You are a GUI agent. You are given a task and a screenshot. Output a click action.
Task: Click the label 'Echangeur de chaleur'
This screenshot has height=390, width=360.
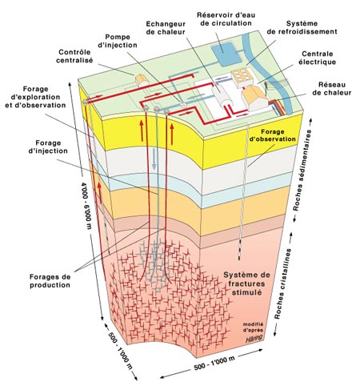tap(166, 28)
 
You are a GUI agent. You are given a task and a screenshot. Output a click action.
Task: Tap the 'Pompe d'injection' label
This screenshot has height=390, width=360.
tap(118, 41)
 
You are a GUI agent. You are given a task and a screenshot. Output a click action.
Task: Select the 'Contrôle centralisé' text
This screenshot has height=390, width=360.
tap(74, 56)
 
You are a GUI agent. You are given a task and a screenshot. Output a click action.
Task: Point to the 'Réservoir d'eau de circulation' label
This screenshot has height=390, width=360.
tap(226, 18)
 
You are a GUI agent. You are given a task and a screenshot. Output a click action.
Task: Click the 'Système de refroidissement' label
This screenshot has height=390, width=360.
tap(302, 27)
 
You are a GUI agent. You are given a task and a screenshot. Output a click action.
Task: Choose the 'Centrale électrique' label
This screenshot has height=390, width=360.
tap(317, 58)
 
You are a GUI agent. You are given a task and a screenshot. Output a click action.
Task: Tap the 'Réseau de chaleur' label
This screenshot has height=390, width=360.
tap(332, 89)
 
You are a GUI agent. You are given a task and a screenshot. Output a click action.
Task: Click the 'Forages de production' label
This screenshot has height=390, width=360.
tap(50, 281)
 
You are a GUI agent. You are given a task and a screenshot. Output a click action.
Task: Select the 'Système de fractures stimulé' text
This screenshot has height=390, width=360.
tap(246, 283)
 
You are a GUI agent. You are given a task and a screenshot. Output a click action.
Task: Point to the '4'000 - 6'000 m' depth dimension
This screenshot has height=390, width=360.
tap(86, 206)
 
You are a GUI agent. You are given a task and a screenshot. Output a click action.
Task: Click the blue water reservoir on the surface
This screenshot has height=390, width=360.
tap(225, 54)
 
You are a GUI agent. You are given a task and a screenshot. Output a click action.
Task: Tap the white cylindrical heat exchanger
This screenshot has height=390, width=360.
tap(223, 97)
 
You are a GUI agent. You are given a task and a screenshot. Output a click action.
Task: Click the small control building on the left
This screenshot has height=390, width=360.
tap(142, 80)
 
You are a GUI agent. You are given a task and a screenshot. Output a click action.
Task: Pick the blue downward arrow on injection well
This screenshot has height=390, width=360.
tap(154, 159)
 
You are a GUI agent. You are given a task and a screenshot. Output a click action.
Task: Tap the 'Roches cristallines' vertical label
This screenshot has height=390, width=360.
tap(283, 283)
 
